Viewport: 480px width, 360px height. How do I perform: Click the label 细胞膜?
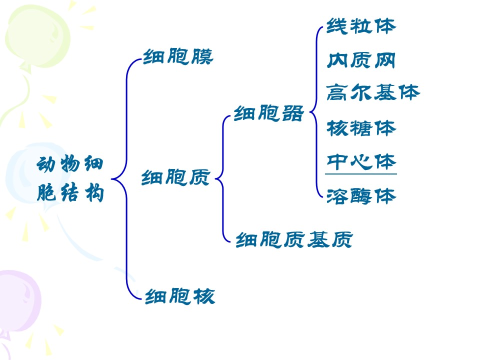tap(178, 56)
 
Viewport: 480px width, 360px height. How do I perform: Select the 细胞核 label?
tap(180, 296)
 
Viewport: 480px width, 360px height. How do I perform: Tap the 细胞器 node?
tap(268, 113)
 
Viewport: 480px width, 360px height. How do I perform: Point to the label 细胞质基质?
tap(294, 239)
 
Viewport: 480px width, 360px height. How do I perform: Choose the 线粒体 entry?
tap(361, 26)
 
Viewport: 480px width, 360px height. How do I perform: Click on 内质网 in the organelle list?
tap(361, 60)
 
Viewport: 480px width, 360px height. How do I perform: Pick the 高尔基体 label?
tap(373, 92)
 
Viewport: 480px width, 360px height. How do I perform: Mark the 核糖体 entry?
tap(361, 128)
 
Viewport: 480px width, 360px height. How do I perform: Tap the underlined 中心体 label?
tap(361, 161)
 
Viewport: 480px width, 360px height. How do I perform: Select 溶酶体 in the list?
tap(361, 196)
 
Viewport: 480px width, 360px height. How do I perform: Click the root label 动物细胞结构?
tap(70, 178)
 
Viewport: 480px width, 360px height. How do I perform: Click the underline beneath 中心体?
tap(361, 174)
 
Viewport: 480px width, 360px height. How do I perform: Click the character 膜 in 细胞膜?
tap(202, 56)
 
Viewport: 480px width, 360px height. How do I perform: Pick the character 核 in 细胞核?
tap(204, 296)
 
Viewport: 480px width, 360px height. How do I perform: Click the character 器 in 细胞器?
tap(292, 113)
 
